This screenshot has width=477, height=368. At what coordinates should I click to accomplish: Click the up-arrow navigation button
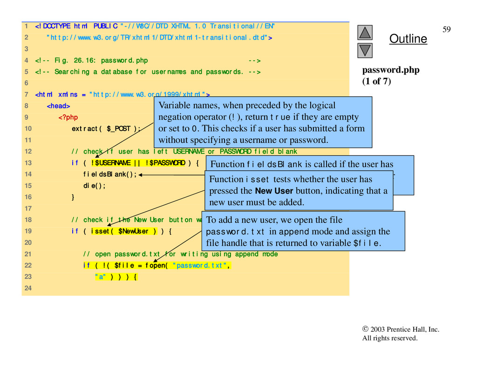(366, 32)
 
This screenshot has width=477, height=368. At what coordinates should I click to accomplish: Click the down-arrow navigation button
(366, 50)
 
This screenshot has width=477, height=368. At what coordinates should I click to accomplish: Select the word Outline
(408, 39)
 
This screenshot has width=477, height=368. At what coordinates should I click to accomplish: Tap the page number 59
(446, 30)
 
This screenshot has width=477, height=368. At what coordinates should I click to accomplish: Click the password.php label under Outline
(391, 70)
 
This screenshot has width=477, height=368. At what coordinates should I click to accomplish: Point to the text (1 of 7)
(377, 81)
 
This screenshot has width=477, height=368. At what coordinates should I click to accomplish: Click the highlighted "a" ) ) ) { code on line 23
(116, 277)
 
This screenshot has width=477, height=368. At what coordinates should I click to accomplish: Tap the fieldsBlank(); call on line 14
(110, 174)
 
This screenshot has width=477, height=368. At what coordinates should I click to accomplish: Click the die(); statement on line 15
(95, 186)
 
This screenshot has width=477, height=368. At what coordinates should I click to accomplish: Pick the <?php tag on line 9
(68, 117)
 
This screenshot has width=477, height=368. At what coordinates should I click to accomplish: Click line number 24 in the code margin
(26, 288)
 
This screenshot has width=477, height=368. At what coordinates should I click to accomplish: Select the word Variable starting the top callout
(174, 106)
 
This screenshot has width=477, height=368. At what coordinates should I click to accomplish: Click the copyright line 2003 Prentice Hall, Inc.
(401, 329)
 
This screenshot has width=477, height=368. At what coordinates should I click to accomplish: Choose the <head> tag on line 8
(58, 106)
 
